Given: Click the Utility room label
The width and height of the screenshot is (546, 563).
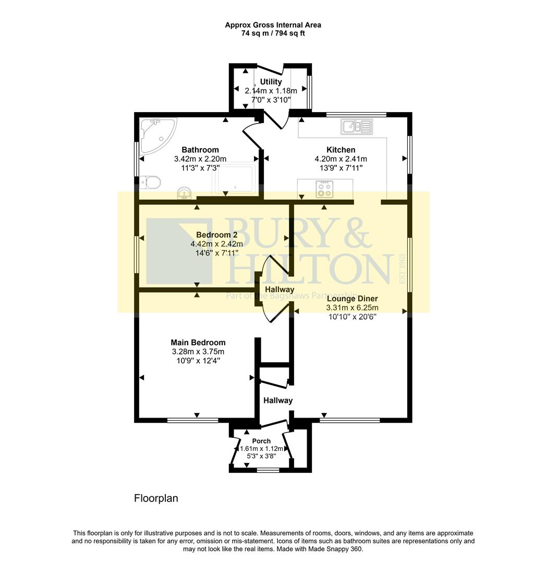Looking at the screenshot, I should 271,82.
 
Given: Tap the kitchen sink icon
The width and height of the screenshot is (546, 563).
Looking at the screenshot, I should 357,126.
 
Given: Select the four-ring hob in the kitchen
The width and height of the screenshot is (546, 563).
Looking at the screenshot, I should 325,188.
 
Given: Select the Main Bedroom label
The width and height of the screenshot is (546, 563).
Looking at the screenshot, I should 198,342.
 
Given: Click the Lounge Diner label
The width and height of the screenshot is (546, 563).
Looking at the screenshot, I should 352,299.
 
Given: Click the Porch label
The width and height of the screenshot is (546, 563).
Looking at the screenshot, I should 262,441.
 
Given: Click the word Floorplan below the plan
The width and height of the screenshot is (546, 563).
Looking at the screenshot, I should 156,498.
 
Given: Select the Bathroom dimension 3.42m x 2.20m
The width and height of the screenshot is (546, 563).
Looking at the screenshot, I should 200,159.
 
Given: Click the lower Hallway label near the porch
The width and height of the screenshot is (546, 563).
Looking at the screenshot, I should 277,400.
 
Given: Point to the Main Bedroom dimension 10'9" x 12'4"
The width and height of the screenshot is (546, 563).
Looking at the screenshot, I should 198,360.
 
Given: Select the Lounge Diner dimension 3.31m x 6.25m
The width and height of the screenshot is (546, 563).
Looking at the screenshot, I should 352,308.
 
